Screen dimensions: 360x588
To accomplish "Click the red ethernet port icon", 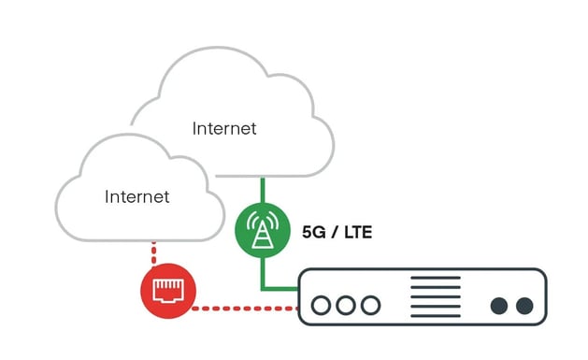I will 167,292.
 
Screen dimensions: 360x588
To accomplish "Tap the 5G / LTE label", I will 337,231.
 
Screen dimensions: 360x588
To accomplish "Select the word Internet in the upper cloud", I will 224,128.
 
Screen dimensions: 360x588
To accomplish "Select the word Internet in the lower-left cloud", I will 137,196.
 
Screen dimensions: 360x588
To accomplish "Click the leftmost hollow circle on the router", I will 322,306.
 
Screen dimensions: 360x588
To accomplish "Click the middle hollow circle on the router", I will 346,306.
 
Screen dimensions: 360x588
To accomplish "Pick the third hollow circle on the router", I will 370,306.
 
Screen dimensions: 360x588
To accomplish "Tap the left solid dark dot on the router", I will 500,306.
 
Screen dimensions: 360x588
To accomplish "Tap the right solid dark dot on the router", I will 524,306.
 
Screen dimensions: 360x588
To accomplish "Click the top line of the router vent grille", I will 437,279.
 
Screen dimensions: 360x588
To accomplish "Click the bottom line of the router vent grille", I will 437,315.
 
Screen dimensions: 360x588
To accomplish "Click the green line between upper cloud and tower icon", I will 262,192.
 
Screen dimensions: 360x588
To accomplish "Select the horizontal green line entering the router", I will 280,287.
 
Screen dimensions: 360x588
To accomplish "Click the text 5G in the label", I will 313,231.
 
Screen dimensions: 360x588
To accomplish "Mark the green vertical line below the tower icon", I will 262,271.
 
